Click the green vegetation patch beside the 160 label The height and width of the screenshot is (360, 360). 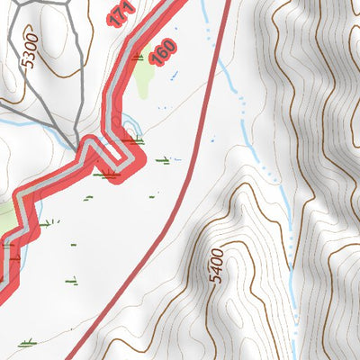pos(146,82)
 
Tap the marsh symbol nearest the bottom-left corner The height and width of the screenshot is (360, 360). pos(27,342)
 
